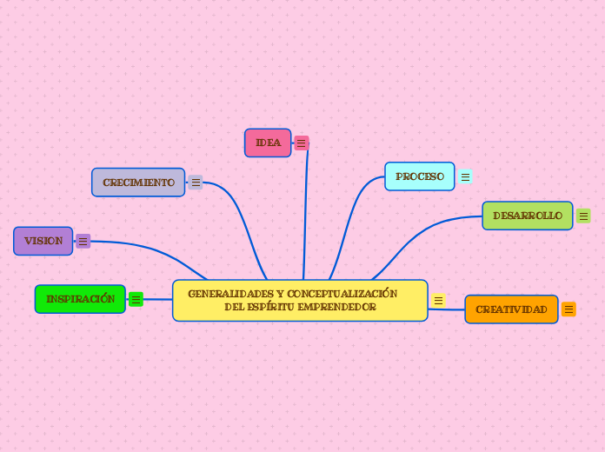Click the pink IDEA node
(268, 143)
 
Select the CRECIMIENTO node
(138, 183)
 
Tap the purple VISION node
(43, 241)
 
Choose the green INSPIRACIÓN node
(80, 299)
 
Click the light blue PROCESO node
(419, 176)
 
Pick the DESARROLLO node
(527, 216)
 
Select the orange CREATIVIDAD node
(511, 309)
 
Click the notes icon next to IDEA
(302, 143)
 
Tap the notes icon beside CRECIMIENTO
(196, 183)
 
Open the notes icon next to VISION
(83, 241)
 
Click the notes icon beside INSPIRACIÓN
(136, 300)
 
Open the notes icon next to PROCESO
(465, 176)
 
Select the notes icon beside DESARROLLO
(583, 216)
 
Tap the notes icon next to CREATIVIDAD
(568, 309)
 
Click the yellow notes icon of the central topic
(438, 301)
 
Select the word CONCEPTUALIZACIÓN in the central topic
(342, 294)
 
